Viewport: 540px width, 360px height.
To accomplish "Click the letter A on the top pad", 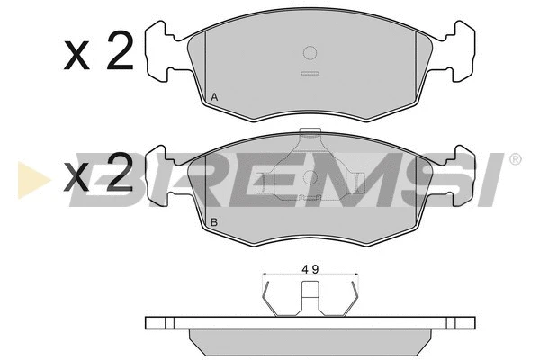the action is [214, 97].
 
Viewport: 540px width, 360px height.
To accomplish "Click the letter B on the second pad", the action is [214, 222].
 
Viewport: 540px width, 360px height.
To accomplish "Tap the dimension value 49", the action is [310, 269].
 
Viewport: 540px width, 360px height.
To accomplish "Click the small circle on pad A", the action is [310, 53].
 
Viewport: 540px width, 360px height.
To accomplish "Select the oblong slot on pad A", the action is [310, 74].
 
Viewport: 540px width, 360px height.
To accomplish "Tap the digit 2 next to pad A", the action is [121, 50].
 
